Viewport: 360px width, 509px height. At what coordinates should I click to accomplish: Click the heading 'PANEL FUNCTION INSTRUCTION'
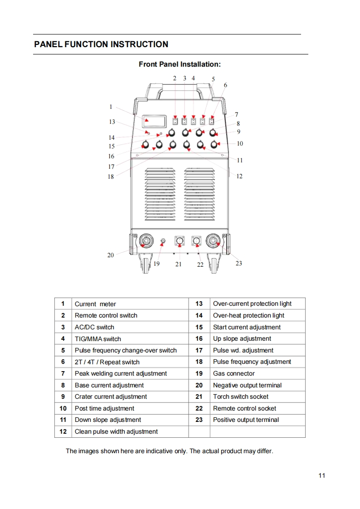pyautogui.click(x=101, y=44)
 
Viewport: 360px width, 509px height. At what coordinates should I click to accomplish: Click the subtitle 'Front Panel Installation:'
pyautogui.click(x=180, y=64)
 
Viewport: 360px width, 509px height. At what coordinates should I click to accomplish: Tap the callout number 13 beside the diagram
pyautogui.click(x=112, y=122)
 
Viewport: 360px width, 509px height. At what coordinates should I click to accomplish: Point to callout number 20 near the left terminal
pyautogui.click(x=111, y=255)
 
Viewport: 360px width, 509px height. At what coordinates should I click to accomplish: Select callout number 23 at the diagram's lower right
pyautogui.click(x=238, y=263)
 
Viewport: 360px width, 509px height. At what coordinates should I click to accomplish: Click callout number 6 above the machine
pyautogui.click(x=225, y=85)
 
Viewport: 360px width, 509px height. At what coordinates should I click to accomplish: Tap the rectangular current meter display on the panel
pyautogui.click(x=154, y=121)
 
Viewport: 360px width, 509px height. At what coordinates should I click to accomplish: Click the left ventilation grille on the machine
pyautogui.click(x=160, y=194)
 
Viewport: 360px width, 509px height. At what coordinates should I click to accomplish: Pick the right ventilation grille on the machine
pyautogui.click(x=199, y=194)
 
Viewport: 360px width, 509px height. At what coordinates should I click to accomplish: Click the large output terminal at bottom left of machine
pyautogui.click(x=146, y=241)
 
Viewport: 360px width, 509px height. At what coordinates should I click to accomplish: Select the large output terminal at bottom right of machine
pyautogui.click(x=213, y=241)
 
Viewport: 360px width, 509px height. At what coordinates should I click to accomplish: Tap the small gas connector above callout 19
pyautogui.click(x=163, y=241)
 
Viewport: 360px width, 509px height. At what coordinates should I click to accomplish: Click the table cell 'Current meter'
pyautogui.click(x=95, y=304)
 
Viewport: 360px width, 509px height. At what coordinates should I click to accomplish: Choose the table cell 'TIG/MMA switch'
pyautogui.click(x=98, y=339)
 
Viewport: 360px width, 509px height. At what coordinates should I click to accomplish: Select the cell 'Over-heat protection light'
pyautogui.click(x=249, y=316)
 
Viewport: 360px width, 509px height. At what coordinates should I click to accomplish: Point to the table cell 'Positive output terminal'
pyautogui.click(x=246, y=420)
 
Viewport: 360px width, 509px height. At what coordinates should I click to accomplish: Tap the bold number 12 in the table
pyautogui.click(x=63, y=432)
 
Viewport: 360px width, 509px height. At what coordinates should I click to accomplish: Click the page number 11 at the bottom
pyautogui.click(x=322, y=475)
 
